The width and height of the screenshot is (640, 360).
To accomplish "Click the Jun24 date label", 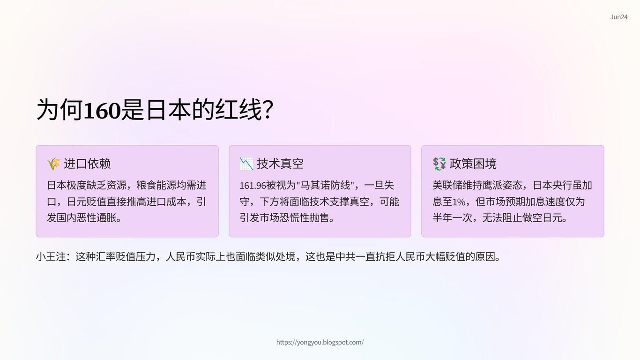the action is point(619,17).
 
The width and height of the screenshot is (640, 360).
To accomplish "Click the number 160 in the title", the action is point(102,110).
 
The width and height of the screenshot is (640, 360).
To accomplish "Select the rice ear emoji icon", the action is point(54,164).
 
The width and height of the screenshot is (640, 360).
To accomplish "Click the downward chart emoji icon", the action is point(246,164).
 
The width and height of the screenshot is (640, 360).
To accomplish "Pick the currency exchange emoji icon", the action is point(439,164).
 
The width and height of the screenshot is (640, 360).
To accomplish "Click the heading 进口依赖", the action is point(87,164).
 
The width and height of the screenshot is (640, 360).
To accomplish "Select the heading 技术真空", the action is point(280,164).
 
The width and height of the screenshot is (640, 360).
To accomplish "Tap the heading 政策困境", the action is point(473,164).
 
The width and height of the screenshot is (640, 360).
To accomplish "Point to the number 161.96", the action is point(253,186).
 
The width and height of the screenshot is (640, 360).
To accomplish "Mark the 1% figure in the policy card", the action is point(459,202).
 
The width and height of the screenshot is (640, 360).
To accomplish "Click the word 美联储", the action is point(447,185).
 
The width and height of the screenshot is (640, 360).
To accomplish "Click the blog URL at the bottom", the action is point(320,342).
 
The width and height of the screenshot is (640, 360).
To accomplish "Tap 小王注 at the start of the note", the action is point(51,256).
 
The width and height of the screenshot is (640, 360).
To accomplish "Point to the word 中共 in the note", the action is point(346,256).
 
